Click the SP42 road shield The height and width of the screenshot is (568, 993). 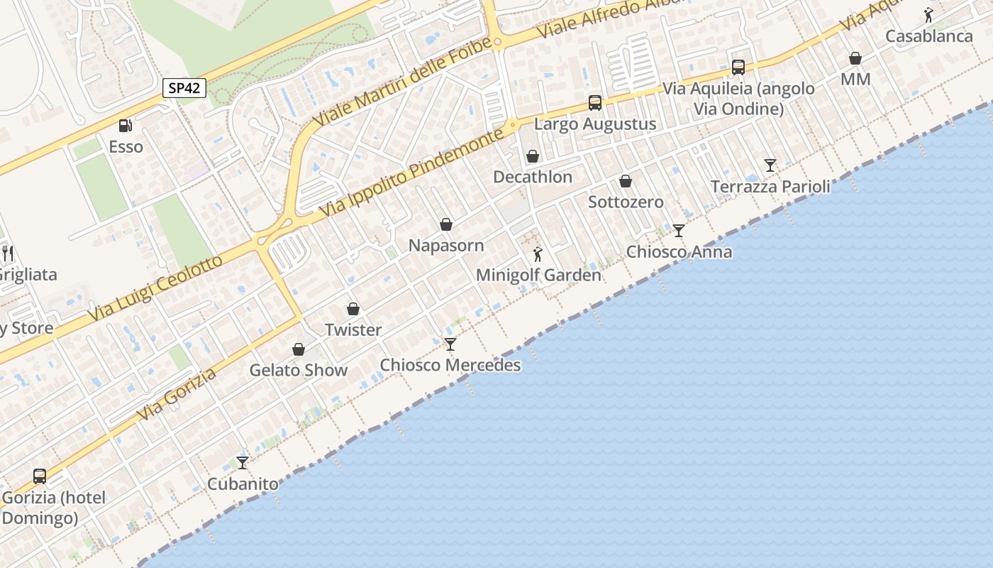click(184, 88)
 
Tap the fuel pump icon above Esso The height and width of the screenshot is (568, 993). click(126, 126)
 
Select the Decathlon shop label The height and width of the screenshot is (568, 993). click(532, 177)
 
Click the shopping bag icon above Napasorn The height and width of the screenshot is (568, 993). click(446, 225)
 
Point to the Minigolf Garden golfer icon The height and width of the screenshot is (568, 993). click(538, 253)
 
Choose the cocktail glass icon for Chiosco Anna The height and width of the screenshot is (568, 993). click(679, 230)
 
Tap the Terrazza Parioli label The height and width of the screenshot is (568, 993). click(770, 187)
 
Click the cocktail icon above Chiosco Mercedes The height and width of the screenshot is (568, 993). click(450, 344)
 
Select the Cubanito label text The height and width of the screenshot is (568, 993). click(243, 484)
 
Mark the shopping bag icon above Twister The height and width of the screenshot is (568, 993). click(353, 309)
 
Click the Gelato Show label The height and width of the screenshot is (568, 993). click(299, 370)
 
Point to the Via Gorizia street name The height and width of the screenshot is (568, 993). click(177, 395)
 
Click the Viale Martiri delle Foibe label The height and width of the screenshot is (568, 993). click(402, 83)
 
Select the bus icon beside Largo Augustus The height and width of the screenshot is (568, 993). click(595, 103)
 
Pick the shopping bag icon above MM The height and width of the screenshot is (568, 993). click(855, 58)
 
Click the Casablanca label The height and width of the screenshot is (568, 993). click(929, 36)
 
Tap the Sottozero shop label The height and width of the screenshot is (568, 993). click(626, 202)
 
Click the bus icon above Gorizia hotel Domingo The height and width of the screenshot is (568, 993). click(40, 476)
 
